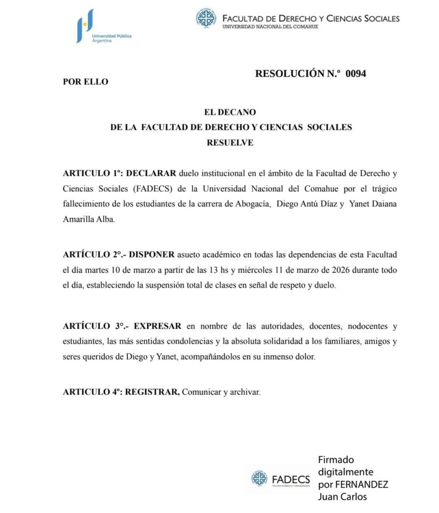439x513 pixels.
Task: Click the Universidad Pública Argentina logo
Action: click(103, 26)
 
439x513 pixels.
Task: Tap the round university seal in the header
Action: click(205, 19)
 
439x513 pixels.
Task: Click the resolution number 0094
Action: click(356, 74)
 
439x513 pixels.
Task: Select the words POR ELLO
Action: click(85, 82)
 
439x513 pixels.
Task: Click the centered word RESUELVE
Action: click(230, 143)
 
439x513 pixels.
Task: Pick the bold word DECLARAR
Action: click(151, 174)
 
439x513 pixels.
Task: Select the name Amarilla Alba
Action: click(89, 219)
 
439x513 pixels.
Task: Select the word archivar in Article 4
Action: click(246, 392)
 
